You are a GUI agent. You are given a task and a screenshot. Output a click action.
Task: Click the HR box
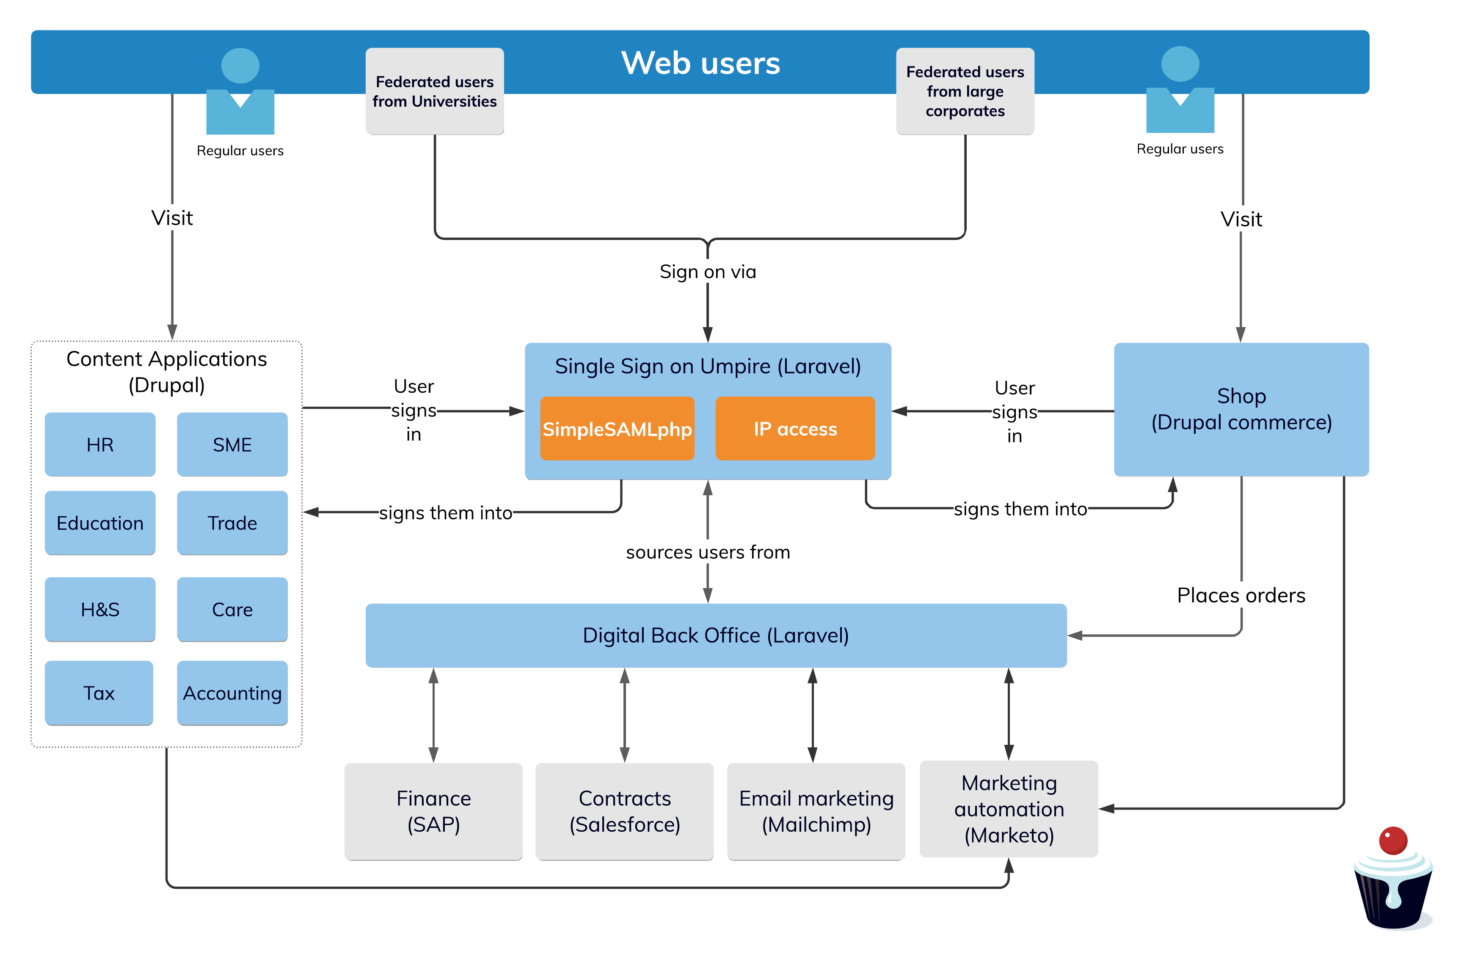99,444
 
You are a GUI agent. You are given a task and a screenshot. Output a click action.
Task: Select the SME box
232,444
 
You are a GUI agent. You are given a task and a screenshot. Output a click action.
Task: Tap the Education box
99,522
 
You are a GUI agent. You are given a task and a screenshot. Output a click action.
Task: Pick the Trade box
232,522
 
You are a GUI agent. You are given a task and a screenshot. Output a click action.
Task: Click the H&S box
99,609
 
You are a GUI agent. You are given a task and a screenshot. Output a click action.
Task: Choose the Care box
232,609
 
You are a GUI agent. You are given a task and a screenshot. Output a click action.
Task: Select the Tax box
99,692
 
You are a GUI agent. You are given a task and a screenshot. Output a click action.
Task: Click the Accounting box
232,692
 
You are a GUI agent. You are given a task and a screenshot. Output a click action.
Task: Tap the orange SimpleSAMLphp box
617,429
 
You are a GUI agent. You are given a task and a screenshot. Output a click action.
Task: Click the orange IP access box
795,429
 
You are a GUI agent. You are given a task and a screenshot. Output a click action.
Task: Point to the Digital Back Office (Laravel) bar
715,635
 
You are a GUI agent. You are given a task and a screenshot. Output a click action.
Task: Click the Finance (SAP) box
433,810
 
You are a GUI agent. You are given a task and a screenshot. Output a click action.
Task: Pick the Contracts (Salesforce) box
624,810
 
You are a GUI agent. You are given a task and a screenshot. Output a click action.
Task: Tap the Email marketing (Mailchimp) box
816,810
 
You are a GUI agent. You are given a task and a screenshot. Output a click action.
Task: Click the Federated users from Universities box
434,91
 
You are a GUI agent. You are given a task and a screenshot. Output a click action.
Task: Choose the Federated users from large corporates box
965,91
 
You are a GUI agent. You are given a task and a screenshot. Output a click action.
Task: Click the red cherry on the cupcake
1392,840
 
